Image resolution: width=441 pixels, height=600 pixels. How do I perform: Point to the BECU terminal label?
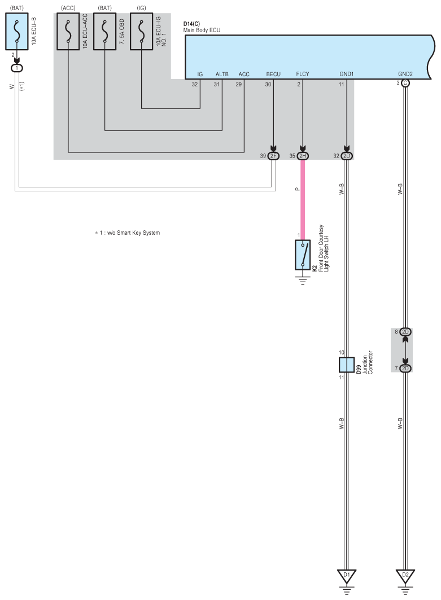point(273,74)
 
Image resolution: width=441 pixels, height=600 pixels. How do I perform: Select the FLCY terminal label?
point(303,74)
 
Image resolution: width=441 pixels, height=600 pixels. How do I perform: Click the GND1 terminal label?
point(347,74)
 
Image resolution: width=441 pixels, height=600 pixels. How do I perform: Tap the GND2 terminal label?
point(405,74)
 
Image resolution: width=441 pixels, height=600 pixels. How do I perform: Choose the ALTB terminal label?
point(221,74)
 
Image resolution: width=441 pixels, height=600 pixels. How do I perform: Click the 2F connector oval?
point(274,156)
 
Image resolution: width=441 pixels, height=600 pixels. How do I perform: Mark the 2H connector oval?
point(303,156)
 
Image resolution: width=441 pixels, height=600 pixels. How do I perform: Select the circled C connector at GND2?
point(405,83)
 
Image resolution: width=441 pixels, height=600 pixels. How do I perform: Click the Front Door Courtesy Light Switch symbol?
point(303,255)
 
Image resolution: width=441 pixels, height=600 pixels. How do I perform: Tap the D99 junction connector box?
point(346,365)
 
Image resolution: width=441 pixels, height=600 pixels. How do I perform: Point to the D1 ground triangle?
point(346,576)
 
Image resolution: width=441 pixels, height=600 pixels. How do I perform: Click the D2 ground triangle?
point(405,576)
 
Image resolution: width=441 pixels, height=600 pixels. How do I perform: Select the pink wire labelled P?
point(303,198)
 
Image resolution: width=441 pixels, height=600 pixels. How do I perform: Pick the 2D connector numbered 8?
point(405,331)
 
